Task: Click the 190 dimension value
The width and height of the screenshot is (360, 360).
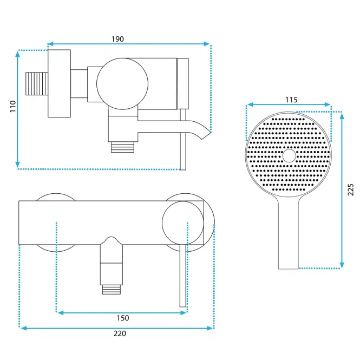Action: [x=118, y=39]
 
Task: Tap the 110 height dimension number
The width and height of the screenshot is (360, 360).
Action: [x=13, y=106]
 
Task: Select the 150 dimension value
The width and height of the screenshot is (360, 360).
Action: [x=123, y=318]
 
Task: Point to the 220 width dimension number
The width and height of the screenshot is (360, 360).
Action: [x=120, y=333]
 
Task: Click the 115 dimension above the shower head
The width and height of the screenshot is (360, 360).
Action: [x=291, y=100]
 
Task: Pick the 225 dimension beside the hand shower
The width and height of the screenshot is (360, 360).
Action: [x=350, y=189]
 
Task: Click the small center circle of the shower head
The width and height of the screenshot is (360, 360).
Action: [x=289, y=156]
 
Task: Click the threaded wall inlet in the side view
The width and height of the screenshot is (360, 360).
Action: [x=37, y=83]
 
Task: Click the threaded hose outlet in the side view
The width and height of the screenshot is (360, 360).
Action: [x=122, y=147]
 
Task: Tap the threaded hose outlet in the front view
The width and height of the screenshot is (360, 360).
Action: [x=112, y=289]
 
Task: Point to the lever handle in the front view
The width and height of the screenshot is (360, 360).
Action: [x=183, y=276]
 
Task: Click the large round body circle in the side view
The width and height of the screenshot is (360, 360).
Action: [x=122, y=83]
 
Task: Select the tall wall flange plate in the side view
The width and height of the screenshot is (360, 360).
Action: [x=59, y=83]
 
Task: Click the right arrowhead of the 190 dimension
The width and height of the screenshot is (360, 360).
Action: [x=206, y=44]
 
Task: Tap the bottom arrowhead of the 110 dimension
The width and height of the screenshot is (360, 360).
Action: [x=17, y=165]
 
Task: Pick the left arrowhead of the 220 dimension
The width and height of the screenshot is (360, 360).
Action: [x=24, y=328]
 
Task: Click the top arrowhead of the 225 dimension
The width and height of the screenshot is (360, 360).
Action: [x=342, y=116]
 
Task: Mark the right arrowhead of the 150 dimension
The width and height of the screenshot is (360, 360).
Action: [x=184, y=313]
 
